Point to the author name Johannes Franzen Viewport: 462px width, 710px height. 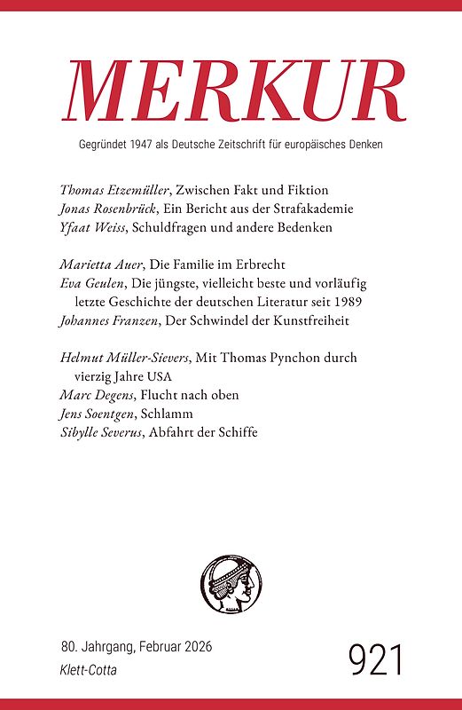pyautogui.click(x=109, y=320)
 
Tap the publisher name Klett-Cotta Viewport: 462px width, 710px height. pyautogui.click(x=89, y=671)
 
